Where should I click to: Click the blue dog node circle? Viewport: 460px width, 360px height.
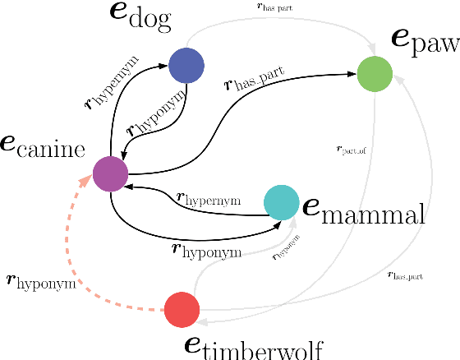(x=186, y=66)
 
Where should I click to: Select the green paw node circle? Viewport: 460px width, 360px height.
(x=375, y=74)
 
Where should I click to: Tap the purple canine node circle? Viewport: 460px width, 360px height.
(x=110, y=173)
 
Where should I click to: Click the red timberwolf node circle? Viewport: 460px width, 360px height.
(x=182, y=310)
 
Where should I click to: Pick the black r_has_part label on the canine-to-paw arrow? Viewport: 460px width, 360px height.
(x=255, y=81)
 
